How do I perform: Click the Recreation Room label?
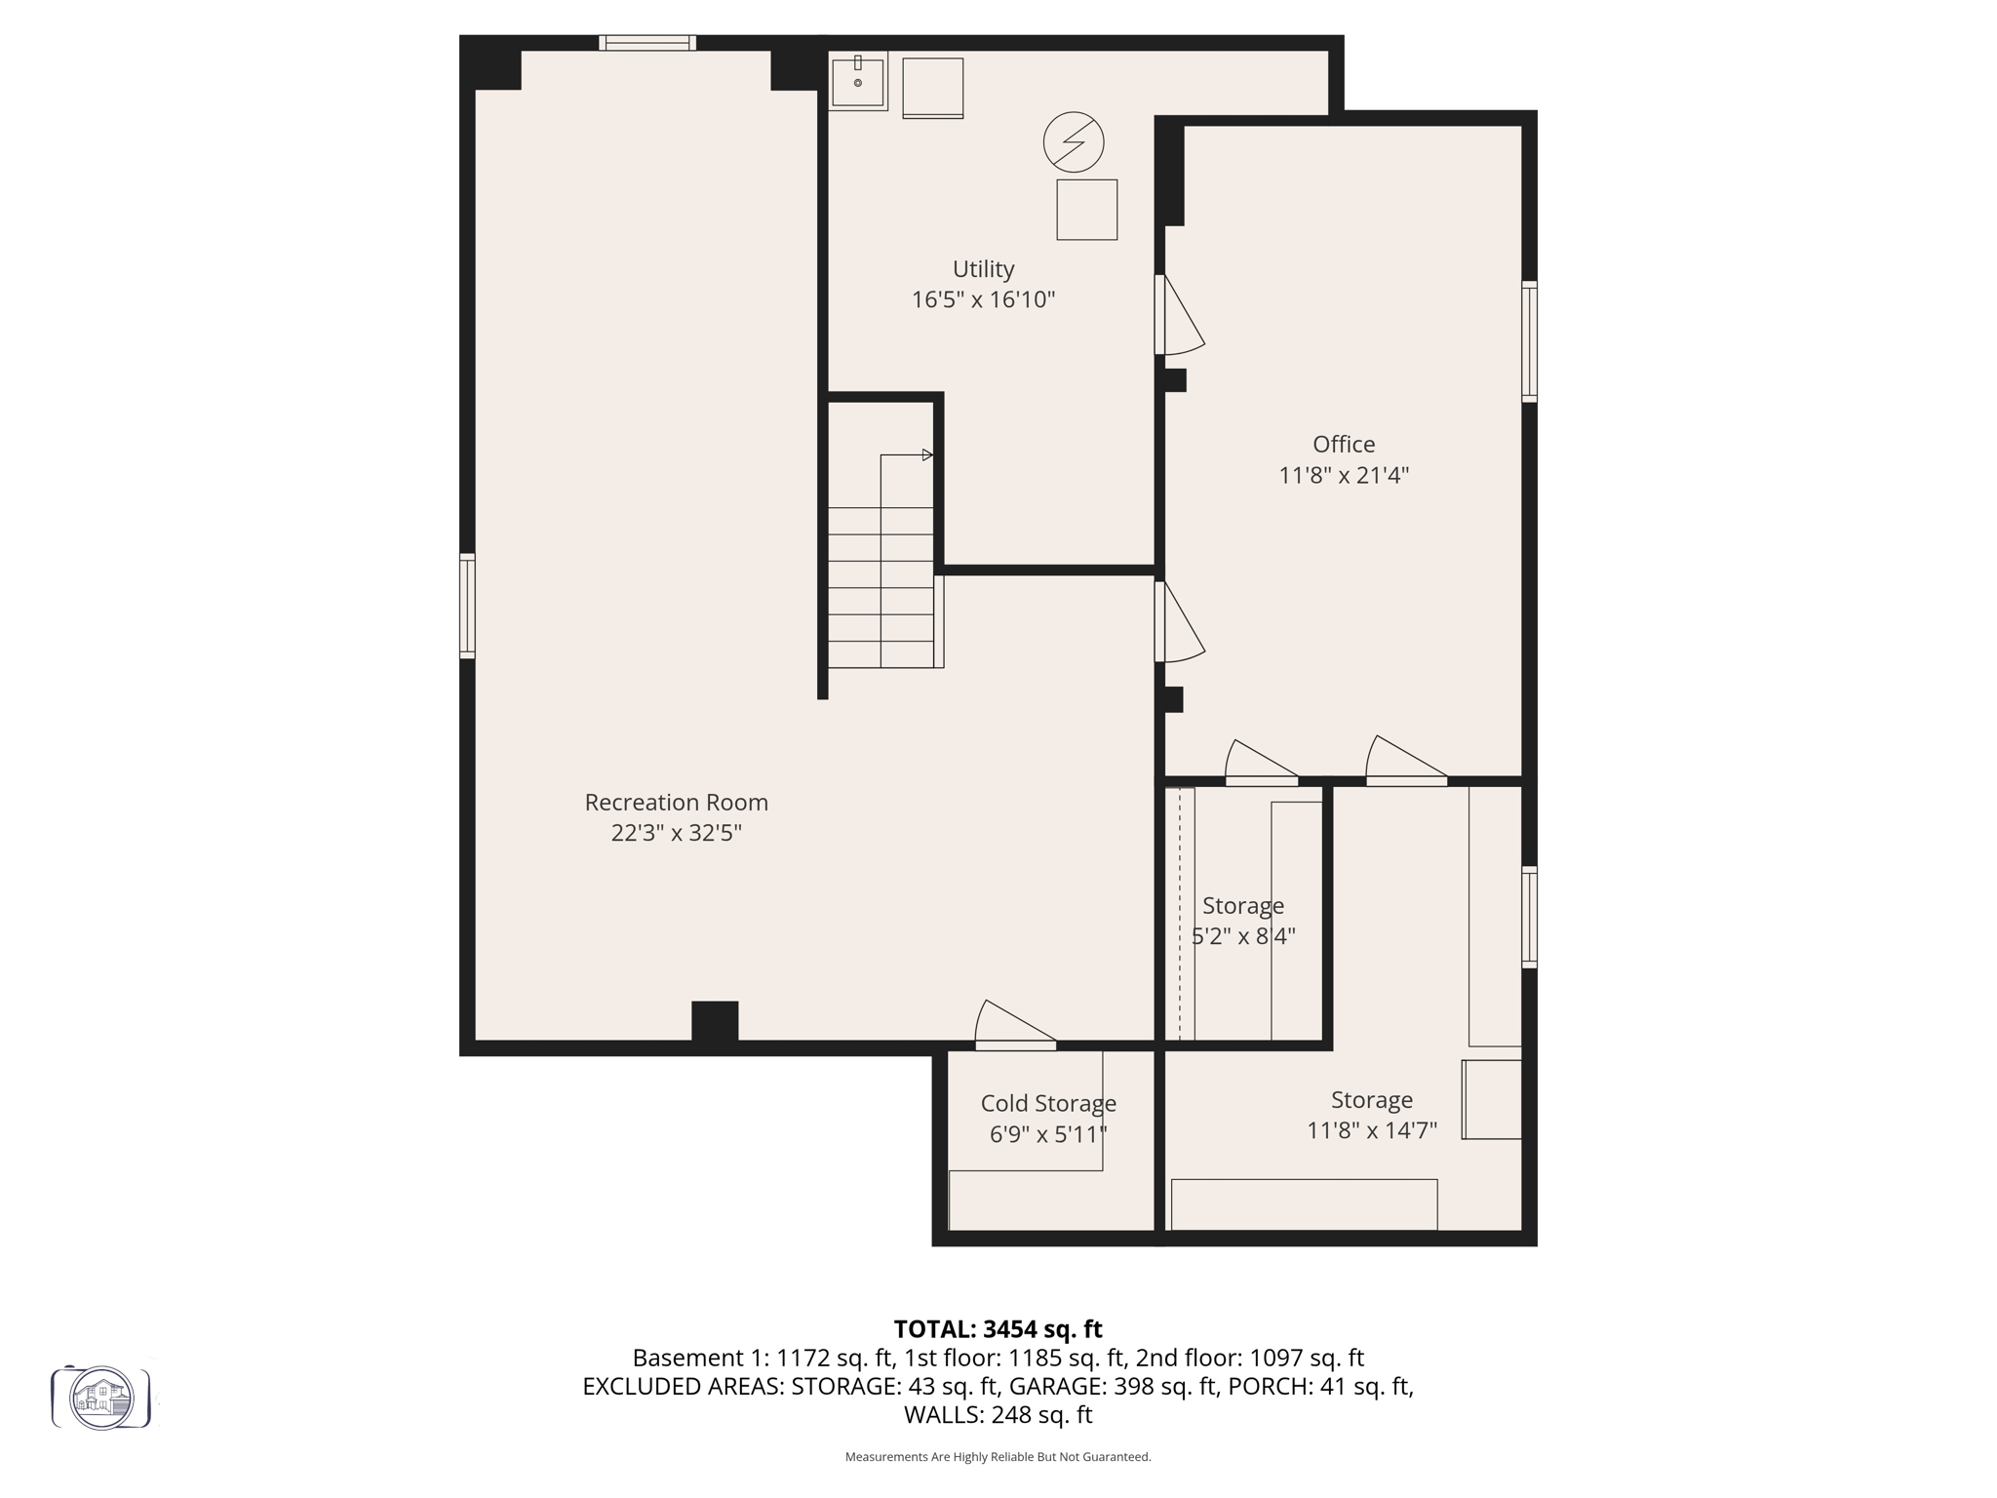676,802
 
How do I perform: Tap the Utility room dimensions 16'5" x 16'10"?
983,299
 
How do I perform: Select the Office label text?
1343,444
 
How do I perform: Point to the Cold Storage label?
1048,1103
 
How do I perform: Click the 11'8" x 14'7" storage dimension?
1371,1130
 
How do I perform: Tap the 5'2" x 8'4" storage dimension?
1243,936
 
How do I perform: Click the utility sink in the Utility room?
857,81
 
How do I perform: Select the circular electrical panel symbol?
1073,141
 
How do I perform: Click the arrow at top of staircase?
926,454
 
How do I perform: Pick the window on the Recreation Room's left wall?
467,605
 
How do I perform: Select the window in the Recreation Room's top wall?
646,43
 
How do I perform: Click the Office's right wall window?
1529,341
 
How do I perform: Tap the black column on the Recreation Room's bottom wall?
715,1024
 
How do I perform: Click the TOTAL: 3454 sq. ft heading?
998,1328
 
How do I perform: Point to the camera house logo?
101,1398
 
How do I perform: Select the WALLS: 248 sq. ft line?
998,1414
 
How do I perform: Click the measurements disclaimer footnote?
998,1457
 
